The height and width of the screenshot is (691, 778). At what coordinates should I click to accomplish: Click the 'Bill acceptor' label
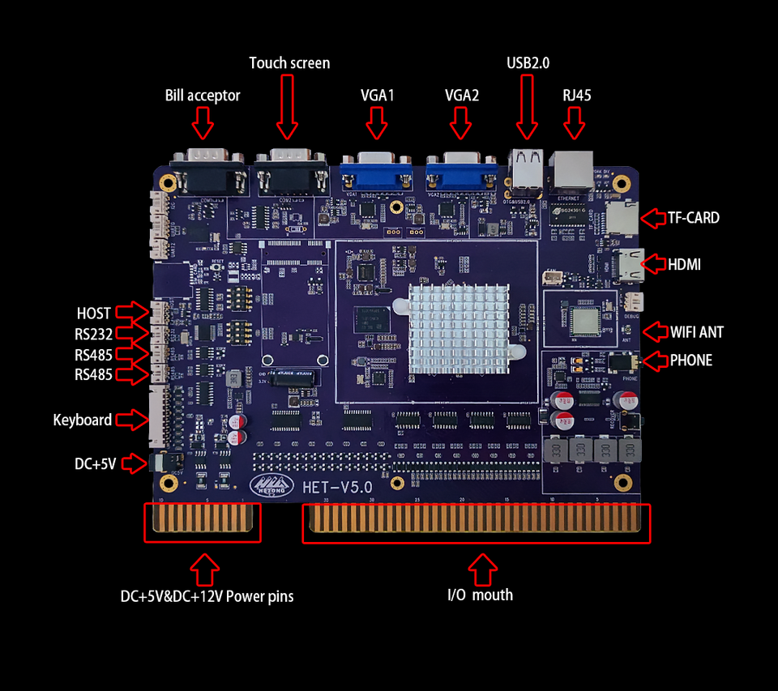click(203, 96)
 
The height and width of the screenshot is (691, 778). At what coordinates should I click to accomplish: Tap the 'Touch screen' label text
click(289, 63)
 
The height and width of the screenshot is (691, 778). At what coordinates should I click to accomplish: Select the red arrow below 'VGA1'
click(377, 123)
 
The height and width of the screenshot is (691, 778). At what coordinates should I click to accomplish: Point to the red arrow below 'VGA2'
click(461, 123)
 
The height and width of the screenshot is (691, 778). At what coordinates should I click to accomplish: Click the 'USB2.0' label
click(528, 62)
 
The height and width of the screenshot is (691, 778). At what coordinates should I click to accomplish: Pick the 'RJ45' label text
click(576, 96)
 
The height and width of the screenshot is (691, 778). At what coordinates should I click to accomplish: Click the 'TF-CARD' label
click(693, 218)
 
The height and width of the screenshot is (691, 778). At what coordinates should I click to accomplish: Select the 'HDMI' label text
click(684, 265)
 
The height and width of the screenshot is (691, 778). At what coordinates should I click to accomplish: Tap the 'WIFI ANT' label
click(696, 332)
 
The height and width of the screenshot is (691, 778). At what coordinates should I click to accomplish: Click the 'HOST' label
click(94, 313)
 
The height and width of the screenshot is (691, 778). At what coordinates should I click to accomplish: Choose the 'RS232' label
click(93, 334)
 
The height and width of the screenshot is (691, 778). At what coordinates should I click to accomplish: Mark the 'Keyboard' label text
click(82, 420)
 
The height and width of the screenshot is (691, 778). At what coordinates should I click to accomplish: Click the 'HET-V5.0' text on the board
click(336, 488)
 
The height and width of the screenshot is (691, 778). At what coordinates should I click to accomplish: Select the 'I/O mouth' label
click(481, 595)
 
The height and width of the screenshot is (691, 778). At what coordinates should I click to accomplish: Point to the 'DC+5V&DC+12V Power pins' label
click(207, 597)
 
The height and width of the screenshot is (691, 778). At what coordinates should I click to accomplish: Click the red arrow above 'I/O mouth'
click(484, 569)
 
